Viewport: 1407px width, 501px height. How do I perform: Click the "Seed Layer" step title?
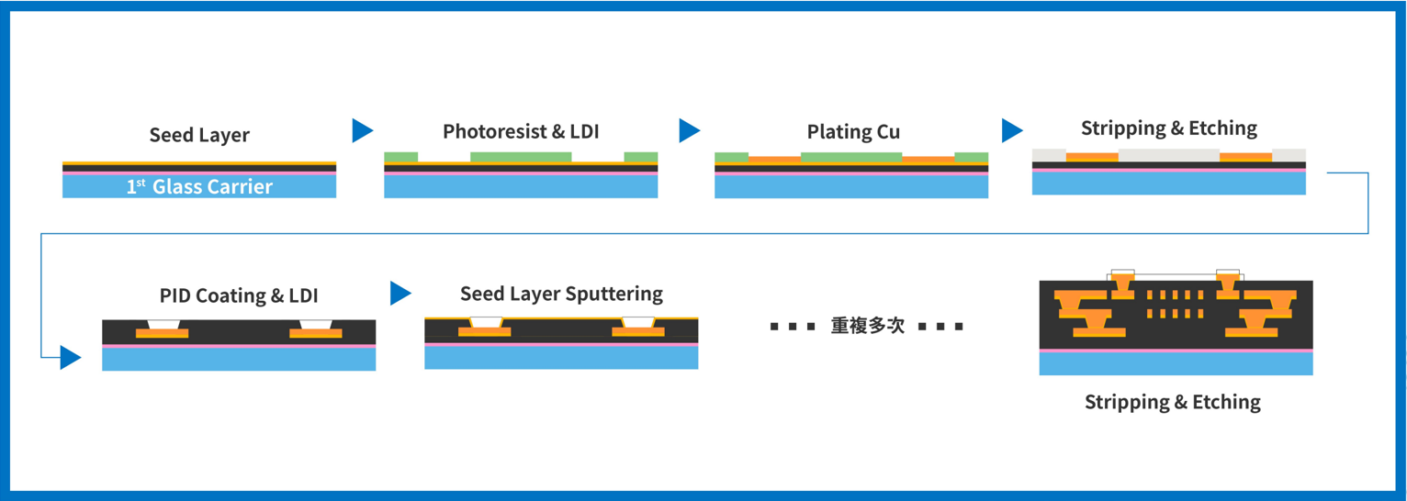pos(199,135)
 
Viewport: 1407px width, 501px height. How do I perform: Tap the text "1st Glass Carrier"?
pos(199,186)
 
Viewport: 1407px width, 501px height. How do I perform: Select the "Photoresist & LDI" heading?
pos(521,132)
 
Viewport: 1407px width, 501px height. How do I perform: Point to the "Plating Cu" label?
pos(853,132)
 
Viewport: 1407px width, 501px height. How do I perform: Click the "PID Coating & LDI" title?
pos(239,295)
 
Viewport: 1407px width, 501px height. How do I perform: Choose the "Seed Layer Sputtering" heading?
pos(561,294)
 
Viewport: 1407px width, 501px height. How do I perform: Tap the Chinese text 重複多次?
pos(868,326)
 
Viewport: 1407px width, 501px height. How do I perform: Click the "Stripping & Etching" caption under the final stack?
pos(1172,402)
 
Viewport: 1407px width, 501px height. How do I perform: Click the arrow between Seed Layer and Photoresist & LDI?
pos(363,130)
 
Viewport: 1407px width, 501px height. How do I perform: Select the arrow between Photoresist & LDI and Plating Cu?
pos(689,130)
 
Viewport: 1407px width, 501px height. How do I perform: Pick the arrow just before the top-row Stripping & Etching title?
pos(1012,130)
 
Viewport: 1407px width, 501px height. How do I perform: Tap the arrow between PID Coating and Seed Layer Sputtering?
pos(400,294)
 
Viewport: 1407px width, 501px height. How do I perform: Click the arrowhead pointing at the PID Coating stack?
pos(71,357)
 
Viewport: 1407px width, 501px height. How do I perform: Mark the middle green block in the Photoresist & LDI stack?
pos(521,157)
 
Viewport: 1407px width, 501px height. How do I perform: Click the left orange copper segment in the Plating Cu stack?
pos(774,160)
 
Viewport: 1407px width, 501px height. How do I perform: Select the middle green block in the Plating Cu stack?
pos(851,158)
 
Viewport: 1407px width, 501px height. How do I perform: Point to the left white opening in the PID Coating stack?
pos(163,325)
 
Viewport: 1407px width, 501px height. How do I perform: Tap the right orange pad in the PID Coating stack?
pos(315,333)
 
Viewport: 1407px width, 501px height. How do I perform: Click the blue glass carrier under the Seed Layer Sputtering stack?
pos(561,358)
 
